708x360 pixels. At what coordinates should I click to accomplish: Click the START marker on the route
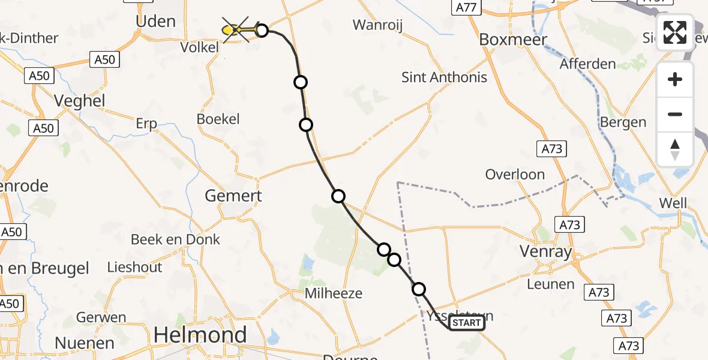click(467, 323)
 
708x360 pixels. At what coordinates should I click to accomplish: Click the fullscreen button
click(675, 32)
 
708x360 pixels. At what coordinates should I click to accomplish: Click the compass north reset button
click(675, 149)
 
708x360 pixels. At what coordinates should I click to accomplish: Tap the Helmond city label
click(200, 335)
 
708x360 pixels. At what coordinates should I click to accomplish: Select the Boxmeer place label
click(513, 40)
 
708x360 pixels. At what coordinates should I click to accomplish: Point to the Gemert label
click(233, 196)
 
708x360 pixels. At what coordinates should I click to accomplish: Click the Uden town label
click(156, 22)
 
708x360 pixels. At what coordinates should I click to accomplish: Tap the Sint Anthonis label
click(444, 77)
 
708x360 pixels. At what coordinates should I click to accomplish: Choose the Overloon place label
click(515, 175)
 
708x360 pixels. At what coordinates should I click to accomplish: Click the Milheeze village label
click(334, 293)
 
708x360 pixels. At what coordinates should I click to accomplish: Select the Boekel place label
click(218, 119)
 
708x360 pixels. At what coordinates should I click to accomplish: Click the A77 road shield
click(466, 7)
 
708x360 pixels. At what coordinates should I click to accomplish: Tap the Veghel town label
click(80, 101)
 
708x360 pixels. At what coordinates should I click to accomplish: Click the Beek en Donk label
click(176, 239)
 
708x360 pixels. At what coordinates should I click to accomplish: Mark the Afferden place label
click(588, 64)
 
